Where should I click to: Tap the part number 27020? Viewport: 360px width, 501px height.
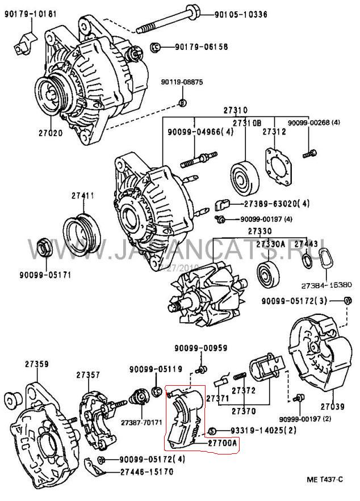pos(50,134)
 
